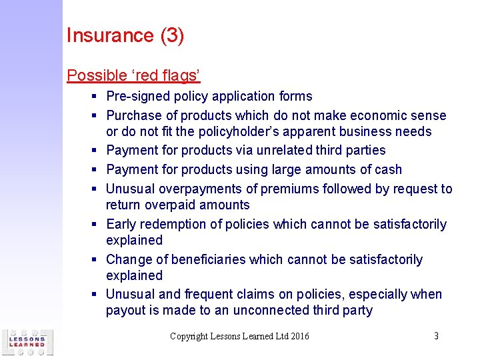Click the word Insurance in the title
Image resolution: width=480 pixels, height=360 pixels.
pyautogui.click(x=111, y=35)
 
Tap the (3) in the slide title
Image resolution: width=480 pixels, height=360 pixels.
pyautogui.click(x=172, y=35)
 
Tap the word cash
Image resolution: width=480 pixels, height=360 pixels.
pyautogui.click(x=388, y=170)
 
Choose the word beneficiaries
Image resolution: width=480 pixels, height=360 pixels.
pyautogui.click(x=225, y=260)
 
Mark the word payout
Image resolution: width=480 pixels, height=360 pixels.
pyautogui.click(x=125, y=311)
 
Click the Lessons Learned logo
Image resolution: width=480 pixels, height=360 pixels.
pyautogui.click(x=27, y=341)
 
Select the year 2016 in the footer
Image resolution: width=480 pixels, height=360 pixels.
pyautogui.click(x=299, y=336)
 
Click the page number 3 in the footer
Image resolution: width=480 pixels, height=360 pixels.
pyautogui.click(x=436, y=336)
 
